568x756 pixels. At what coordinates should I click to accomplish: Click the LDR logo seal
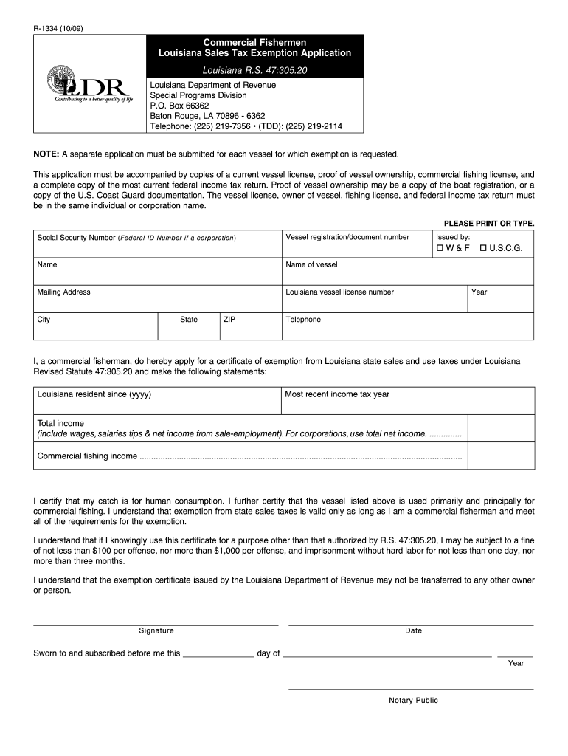click(x=60, y=80)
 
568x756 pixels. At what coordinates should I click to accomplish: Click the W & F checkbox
click(x=440, y=248)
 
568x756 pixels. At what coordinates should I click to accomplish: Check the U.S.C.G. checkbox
click(x=483, y=248)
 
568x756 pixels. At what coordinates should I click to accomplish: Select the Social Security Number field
click(x=156, y=247)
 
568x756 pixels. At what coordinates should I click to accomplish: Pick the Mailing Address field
click(x=156, y=303)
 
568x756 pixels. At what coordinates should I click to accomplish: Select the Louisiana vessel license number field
click(x=374, y=303)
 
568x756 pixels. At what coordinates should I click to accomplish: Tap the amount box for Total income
click(x=502, y=428)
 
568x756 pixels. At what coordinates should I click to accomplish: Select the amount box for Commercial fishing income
click(x=502, y=456)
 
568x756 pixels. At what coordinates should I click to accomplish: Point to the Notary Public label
click(x=413, y=701)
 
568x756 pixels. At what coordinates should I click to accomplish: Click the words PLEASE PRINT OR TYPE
click(x=488, y=223)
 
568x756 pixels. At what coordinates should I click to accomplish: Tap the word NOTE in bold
click(x=46, y=154)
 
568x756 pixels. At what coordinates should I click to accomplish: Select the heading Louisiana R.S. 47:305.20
click(x=254, y=69)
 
